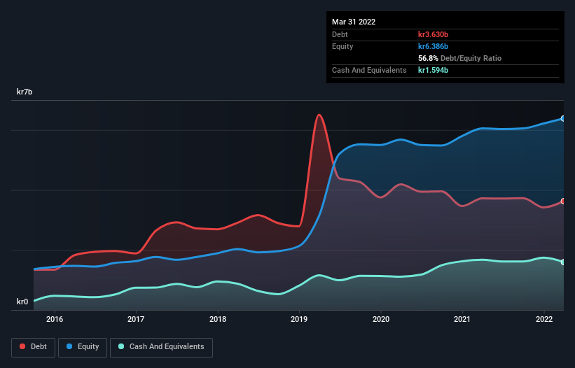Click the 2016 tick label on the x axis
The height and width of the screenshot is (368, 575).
pos(55,319)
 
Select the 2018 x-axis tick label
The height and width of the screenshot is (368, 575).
pos(218,319)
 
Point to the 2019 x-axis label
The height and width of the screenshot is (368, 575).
pos(300,319)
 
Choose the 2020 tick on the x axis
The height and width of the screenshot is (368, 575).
pos(381,319)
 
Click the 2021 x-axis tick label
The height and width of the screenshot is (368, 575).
pos(463,319)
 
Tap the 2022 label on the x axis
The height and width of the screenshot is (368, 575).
pos(544,319)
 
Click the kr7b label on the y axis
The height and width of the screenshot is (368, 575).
pos(25,92)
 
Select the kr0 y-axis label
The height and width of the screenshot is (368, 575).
pos(23,302)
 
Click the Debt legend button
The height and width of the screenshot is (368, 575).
pos(32,346)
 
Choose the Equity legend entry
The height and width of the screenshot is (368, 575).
pos(83,346)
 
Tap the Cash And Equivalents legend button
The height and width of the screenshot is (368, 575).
pos(161,346)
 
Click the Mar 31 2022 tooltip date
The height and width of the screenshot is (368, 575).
pos(354,22)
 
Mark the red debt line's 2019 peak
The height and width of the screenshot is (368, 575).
pos(319,115)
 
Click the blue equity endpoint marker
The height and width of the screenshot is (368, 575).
pos(563,118)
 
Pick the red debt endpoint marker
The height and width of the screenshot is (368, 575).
pos(563,201)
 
